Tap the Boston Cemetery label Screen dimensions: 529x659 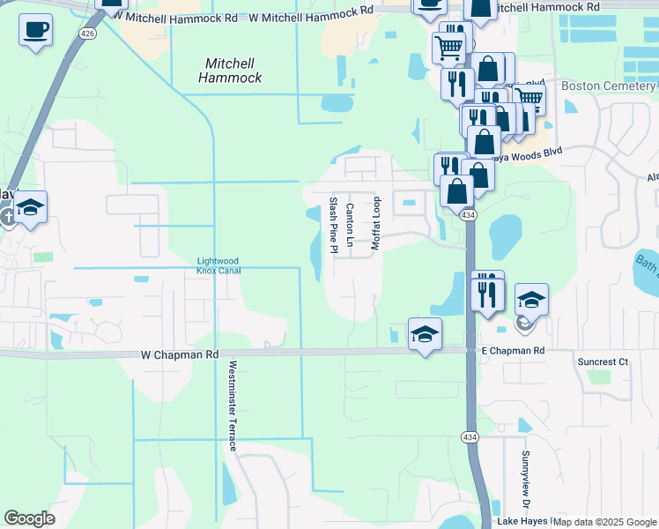pos(609,86)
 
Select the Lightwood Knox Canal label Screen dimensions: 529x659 pos(218,266)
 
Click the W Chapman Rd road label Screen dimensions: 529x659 pos(179,354)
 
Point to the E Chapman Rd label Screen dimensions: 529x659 pos(513,351)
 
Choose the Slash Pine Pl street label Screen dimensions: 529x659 pos(334,225)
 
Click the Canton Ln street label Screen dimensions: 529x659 pos(350,225)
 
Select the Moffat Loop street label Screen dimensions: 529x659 pos(375,224)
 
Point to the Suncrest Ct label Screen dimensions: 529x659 pos(602,361)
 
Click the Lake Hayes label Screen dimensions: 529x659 pos(522,521)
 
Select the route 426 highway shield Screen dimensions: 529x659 pos(86,34)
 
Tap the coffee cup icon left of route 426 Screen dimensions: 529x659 pos(35,30)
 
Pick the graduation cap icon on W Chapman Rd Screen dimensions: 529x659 pos(425,334)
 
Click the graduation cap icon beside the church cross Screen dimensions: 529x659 pos(31,208)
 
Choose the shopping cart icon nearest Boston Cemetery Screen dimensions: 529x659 pos(529,99)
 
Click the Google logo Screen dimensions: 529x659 pos(29,518)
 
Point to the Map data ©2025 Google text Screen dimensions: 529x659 pos(605,522)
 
